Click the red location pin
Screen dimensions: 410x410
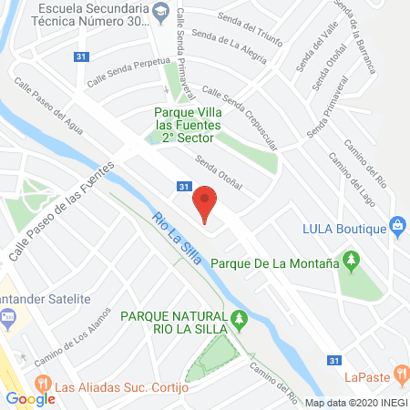coord(206,202)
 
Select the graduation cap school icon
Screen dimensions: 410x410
coord(160,11)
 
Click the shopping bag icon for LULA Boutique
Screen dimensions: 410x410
coord(396,225)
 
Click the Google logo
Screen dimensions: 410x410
coord(30,398)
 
